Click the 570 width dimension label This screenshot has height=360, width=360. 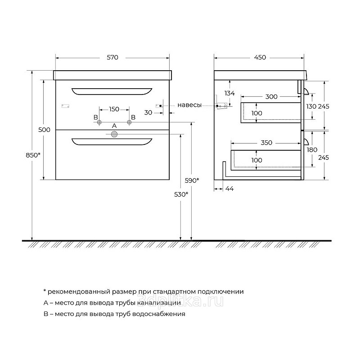coord(112,58)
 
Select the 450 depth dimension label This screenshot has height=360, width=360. coord(260,58)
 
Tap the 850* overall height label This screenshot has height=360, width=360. coord(33,155)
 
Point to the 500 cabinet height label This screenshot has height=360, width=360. coord(44,130)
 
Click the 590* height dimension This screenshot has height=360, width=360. coord(192,180)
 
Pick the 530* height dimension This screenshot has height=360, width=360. coord(181,194)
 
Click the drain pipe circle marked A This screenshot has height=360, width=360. coord(114,134)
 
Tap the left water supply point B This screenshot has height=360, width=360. coord(99,122)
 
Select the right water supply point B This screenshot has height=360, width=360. coord(129,122)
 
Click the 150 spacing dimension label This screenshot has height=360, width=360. coord(114,109)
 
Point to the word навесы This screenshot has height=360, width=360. coord(189,105)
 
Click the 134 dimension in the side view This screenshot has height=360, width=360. coord(229,93)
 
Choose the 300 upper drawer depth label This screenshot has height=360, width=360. coord(271,97)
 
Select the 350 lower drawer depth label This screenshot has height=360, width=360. coord(266,143)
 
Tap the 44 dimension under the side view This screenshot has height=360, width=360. coord(229,189)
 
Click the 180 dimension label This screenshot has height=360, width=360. coord(312,150)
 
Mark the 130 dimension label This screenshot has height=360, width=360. coord(311,106)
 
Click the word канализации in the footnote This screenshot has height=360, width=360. coord(159,303)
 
